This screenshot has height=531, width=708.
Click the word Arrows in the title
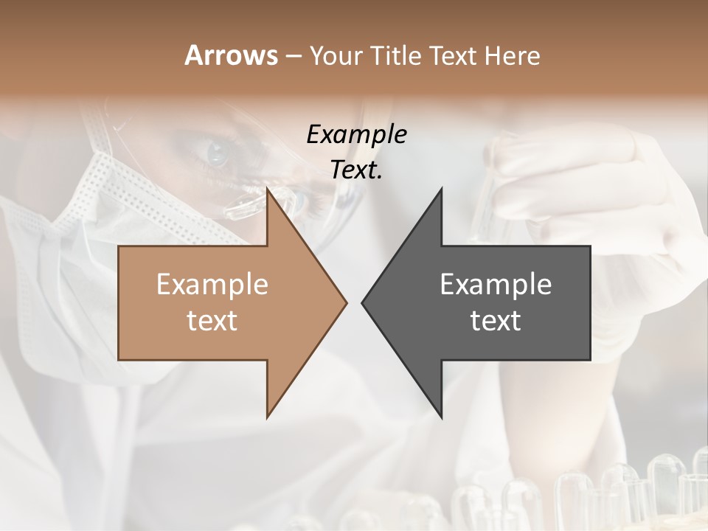coord(231,55)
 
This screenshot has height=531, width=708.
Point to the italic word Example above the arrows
coord(356,134)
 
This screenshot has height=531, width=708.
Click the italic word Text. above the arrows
coord(356,170)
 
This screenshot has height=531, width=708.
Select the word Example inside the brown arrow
coord(212,284)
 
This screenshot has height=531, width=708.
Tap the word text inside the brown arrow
coord(212,320)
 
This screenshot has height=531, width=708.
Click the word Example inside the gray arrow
coord(496,284)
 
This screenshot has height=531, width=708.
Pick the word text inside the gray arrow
coord(496,320)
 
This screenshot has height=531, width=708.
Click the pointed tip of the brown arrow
coord(346,302)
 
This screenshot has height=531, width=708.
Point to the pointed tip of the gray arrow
coord(362,302)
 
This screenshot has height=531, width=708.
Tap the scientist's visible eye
coord(218,153)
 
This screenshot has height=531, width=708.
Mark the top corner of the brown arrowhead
coord(268,189)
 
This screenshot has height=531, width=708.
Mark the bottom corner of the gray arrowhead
coord(441,417)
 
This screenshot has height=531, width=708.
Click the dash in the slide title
coord(293,56)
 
